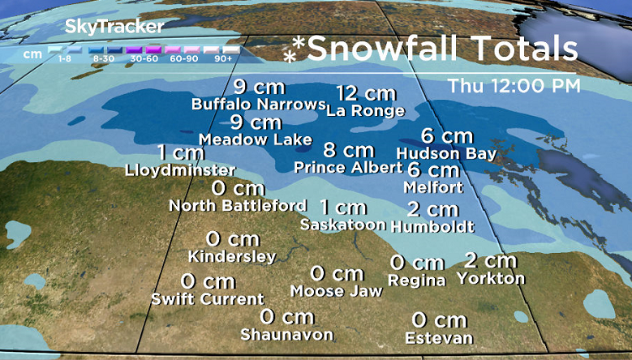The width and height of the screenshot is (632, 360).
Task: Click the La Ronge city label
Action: pos(365,111)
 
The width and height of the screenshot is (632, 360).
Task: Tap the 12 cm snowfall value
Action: pos(366,93)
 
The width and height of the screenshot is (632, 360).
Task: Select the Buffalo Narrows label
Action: pos(258,105)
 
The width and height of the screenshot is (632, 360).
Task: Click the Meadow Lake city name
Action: pos(256,140)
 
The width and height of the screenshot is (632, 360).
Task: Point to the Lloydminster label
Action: pos(180,170)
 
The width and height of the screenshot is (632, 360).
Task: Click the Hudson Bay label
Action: pos(446,152)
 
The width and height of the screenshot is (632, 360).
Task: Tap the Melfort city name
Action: pos(433,187)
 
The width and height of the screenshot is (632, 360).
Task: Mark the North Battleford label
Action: pos(238,206)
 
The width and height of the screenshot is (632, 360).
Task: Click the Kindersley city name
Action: pos(232,257)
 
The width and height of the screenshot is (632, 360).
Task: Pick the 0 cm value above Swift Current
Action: pos(208,281)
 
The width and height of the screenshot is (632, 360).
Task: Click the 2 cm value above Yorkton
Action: pos(490,260)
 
